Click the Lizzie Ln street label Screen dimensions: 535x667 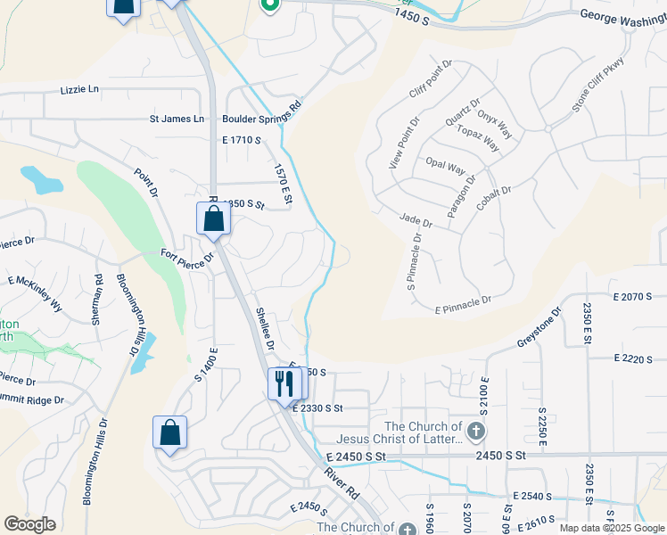pyautogui.click(x=80, y=91)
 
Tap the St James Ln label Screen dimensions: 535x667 pyautogui.click(x=176, y=119)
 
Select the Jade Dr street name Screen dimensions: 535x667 pyautogui.click(x=416, y=219)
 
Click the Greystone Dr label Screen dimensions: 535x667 pyautogui.click(x=539, y=328)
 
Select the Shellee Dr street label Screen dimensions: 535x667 pyautogui.click(x=264, y=328)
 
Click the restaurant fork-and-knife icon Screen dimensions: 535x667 pyautogui.click(x=284, y=383)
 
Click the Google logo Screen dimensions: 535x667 pyautogui.click(x=29, y=523)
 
